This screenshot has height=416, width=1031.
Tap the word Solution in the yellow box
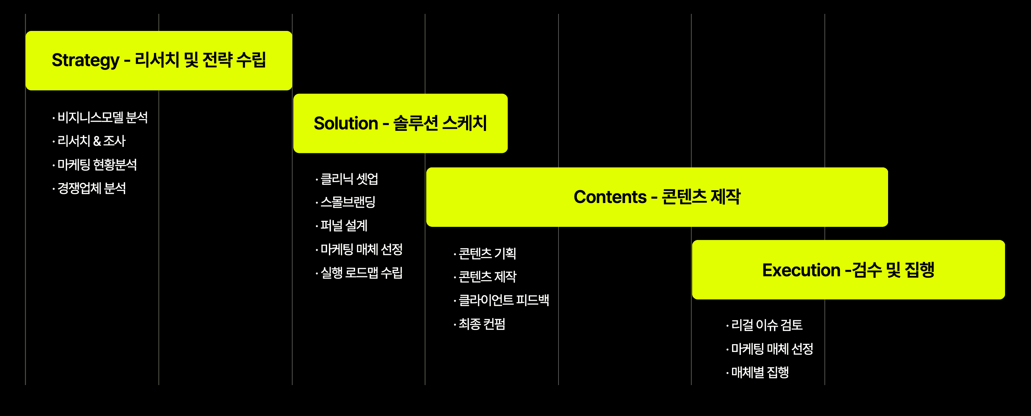(346, 123)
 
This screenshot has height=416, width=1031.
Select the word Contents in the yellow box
(610, 197)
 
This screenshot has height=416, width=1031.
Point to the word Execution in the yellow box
(801, 270)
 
